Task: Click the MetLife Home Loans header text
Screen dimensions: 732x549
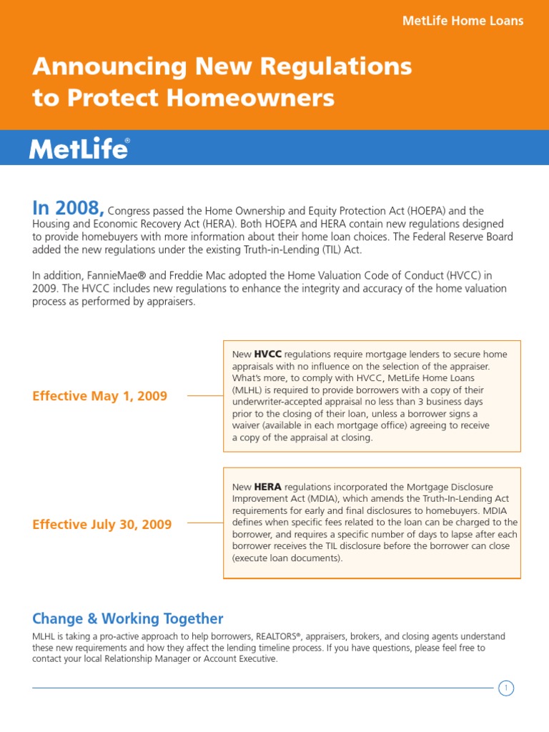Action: pos(463,21)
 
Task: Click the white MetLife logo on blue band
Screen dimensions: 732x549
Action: pos(79,149)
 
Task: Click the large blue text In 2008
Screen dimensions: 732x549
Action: pos(68,208)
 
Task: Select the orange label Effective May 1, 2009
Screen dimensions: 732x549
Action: pos(100,396)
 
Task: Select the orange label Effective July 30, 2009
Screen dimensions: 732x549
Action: pos(102,525)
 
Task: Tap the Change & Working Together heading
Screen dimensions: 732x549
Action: pos(128,619)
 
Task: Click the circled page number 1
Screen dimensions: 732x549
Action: pos(506,688)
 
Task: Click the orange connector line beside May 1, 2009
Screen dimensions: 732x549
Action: pos(204,395)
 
